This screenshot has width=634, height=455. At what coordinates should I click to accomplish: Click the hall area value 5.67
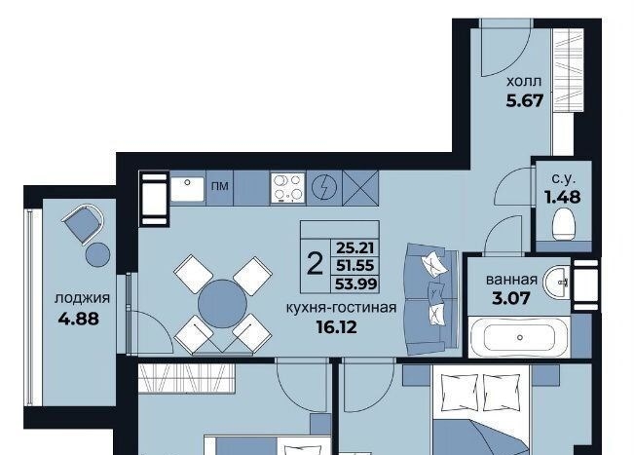[524, 100]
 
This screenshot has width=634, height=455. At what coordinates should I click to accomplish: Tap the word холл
[524, 81]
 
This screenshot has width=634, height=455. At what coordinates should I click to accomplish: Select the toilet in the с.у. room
[564, 224]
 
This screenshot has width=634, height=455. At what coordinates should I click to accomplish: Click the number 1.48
[563, 197]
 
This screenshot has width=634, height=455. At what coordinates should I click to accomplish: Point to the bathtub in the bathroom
[520, 337]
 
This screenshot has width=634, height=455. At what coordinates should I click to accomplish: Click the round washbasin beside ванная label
[556, 282]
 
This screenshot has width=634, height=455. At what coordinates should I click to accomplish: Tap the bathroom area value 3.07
[510, 298]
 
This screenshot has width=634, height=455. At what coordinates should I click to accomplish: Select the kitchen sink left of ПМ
[187, 189]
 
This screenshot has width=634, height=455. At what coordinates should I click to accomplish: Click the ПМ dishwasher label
[219, 186]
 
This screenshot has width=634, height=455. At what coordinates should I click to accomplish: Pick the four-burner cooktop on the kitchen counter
[287, 188]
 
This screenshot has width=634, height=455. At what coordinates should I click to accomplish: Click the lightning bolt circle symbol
[324, 188]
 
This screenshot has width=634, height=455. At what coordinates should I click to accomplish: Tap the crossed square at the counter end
[360, 188]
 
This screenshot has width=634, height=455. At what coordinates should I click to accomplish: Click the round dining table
[222, 304]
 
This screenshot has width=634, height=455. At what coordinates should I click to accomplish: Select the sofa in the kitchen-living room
[431, 299]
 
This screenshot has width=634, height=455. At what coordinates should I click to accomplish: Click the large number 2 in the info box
[315, 263]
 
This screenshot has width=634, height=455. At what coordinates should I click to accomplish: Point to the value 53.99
[355, 284]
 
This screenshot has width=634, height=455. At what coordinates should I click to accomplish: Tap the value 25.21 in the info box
[355, 247]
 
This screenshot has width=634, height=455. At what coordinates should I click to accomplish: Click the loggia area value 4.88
[79, 319]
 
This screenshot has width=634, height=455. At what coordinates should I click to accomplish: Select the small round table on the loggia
[97, 254]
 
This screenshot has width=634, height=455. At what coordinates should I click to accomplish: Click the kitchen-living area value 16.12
[337, 327]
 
